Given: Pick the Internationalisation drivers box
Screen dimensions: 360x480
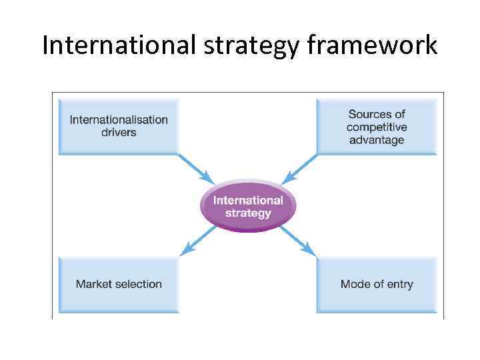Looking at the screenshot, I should click(119, 126).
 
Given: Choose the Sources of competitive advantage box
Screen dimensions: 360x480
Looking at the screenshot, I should click(376, 127).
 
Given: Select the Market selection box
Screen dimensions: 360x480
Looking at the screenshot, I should click(119, 284).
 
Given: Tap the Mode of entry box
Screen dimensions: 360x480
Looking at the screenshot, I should click(376, 284).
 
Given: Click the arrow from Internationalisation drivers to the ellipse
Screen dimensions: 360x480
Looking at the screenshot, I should click(196, 169).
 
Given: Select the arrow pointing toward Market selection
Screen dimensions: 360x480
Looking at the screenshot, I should click(198, 241).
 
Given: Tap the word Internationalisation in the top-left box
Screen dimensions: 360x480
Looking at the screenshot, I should click(119, 120).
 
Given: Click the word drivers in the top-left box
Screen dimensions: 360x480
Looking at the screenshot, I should click(119, 133).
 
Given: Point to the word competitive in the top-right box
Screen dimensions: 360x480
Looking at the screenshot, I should click(376, 127).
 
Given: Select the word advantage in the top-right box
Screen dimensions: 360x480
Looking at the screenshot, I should click(376, 140).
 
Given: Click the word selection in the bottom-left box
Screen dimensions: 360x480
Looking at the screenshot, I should click(138, 284).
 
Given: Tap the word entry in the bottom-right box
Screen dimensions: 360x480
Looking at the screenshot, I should click(397, 284).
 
